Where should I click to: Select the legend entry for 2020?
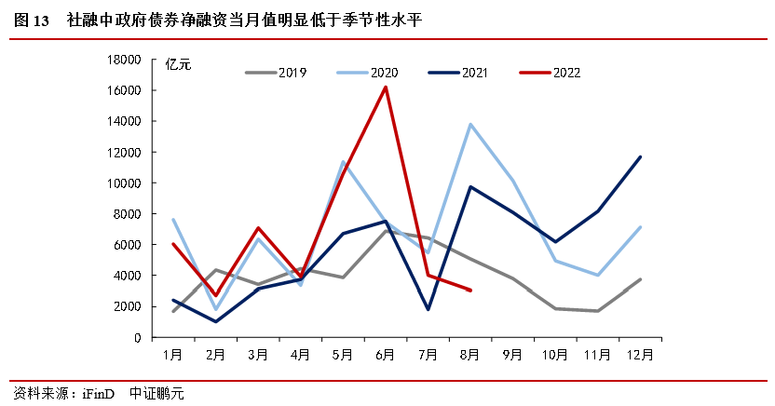tap(384, 72)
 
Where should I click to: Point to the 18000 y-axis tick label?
tap(123, 60)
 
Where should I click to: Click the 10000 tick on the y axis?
tap(123, 183)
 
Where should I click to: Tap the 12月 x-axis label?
tap(639, 355)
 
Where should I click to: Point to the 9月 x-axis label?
tap(512, 355)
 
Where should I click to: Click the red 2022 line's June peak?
tap(386, 88)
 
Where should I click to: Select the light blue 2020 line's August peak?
tap(470, 124)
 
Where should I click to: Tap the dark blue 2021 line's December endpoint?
tap(640, 156)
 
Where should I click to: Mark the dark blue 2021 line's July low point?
tap(428, 309)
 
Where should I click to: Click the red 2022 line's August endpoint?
tap(470, 291)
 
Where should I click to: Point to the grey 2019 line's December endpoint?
tap(640, 279)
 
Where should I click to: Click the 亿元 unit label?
tap(178, 64)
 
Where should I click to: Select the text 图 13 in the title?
tap(33, 20)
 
